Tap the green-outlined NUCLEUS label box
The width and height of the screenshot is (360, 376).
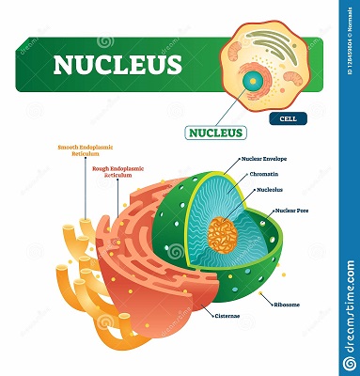[x=215, y=132]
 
